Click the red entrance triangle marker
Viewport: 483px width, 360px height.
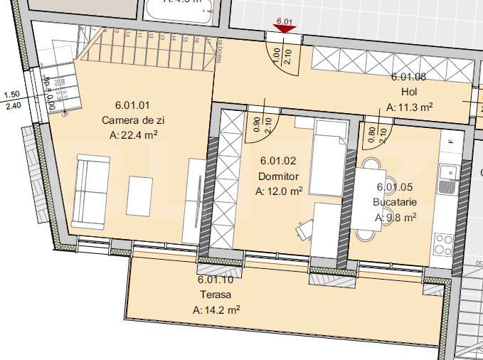(x=285, y=29)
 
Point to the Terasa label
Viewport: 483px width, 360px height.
(x=216, y=294)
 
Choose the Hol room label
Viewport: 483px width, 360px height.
(x=409, y=92)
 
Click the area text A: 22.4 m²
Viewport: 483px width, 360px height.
(x=134, y=134)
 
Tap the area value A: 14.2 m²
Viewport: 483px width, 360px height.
(x=216, y=309)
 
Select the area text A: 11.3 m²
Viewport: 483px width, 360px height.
(x=410, y=107)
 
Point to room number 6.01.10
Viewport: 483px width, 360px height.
(x=216, y=279)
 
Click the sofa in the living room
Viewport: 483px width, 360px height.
(x=91, y=191)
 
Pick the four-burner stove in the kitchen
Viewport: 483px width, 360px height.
(x=443, y=244)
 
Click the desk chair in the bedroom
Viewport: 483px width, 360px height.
(x=305, y=228)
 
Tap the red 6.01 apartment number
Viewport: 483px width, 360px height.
(x=285, y=21)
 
